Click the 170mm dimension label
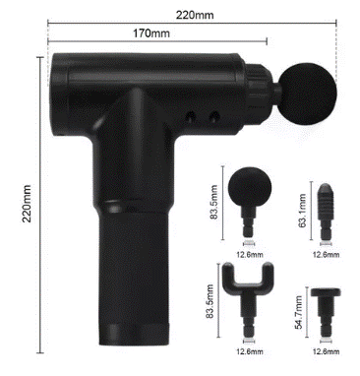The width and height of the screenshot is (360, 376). pos(151,33)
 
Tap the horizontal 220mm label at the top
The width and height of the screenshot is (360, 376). pos(195,15)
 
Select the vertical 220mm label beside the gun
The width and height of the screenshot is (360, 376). pos(27,204)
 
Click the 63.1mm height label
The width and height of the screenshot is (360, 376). pos(302,211)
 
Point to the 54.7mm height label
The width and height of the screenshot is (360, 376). pos(298,313)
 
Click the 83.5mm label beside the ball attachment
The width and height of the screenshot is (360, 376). pos(213,203)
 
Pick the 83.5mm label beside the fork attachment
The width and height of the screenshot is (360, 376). pos(210,301)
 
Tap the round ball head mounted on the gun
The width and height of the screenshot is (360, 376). pos(308,94)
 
